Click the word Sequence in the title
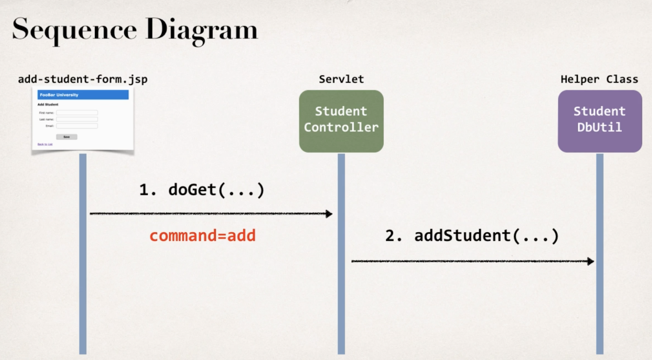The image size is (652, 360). click(x=74, y=30)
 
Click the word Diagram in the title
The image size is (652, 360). click(x=201, y=30)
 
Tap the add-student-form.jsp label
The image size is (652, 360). click(x=83, y=79)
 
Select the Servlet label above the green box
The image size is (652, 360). click(x=341, y=79)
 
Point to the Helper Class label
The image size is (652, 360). click(x=599, y=79)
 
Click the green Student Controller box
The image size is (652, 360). click(x=341, y=121)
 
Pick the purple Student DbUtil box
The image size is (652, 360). click(x=600, y=121)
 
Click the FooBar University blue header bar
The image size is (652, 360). click(x=83, y=95)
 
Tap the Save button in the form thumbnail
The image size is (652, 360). click(x=66, y=137)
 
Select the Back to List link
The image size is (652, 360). click(x=45, y=144)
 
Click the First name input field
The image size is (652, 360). click(x=77, y=113)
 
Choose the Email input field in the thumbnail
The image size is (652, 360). click(x=77, y=126)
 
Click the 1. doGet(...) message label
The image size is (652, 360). click(x=202, y=190)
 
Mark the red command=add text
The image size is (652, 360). click(x=202, y=235)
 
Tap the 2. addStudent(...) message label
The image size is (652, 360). click(x=472, y=236)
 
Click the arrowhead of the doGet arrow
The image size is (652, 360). click(x=329, y=214)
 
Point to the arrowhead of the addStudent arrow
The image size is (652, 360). click(x=590, y=261)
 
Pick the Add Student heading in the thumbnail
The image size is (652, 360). click(x=48, y=104)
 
